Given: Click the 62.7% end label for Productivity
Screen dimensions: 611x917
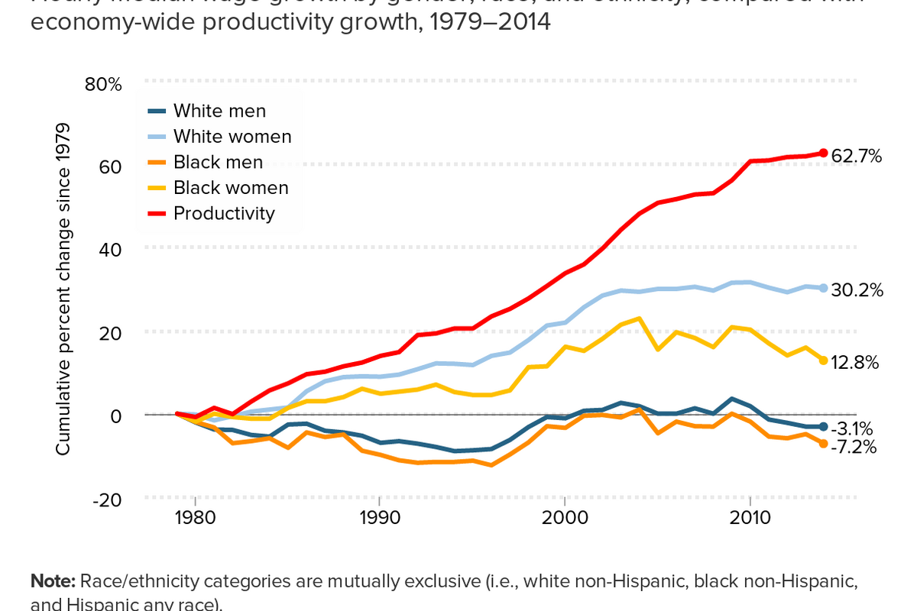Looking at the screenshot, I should click(856, 157).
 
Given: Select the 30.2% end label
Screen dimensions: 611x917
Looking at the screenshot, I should click(856, 289).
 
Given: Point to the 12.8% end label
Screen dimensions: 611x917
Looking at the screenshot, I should click(854, 362).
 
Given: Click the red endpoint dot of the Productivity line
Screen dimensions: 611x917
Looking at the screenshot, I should click(823, 153).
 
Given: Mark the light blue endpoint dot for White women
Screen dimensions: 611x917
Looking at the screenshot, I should click(823, 288).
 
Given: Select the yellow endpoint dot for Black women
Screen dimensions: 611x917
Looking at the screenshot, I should click(823, 360).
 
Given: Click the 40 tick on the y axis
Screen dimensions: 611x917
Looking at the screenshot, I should click(112, 248).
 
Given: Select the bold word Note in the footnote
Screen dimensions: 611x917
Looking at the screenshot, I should click(52, 580).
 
